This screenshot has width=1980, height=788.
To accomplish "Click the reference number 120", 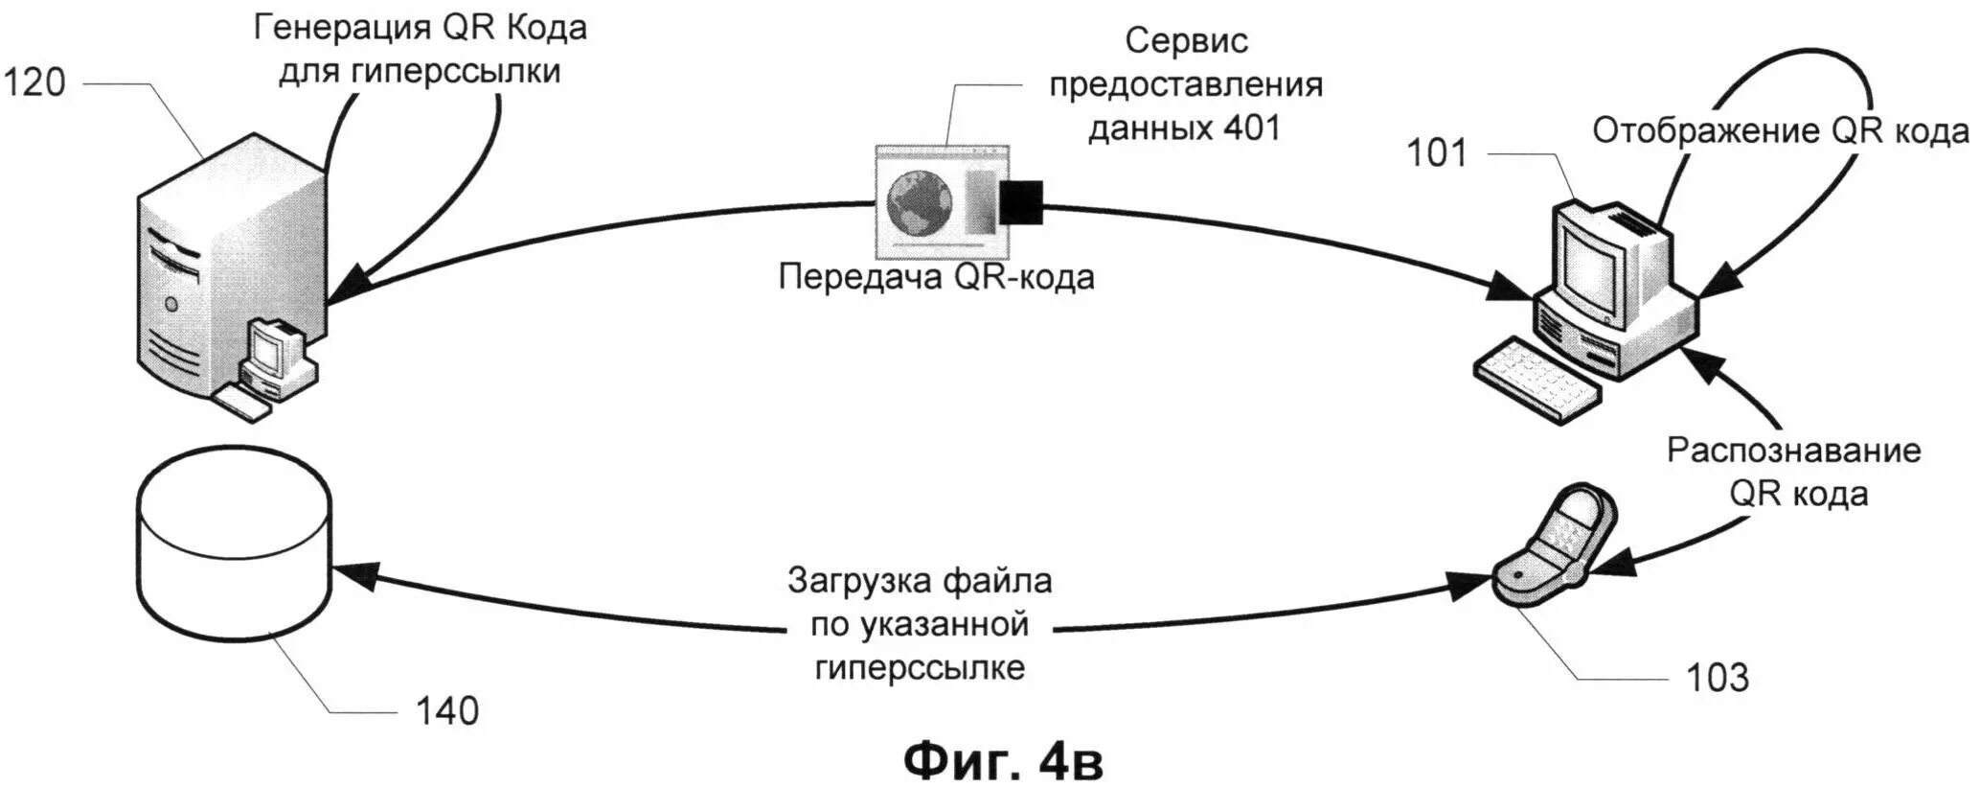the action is click(35, 82).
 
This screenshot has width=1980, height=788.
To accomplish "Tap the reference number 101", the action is click(1436, 153).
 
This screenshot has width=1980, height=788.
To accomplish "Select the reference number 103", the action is click(1718, 677).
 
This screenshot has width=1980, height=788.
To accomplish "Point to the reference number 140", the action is click(446, 711).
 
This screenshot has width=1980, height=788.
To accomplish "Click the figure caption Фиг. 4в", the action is click(1003, 760).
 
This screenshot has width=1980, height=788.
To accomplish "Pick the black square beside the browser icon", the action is click(1021, 202).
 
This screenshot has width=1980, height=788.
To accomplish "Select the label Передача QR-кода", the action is click(936, 277).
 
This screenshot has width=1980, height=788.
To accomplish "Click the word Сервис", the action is click(1186, 41).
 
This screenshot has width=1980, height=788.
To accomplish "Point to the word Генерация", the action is click(341, 29).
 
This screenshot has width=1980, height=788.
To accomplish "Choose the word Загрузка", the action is click(858, 580).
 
